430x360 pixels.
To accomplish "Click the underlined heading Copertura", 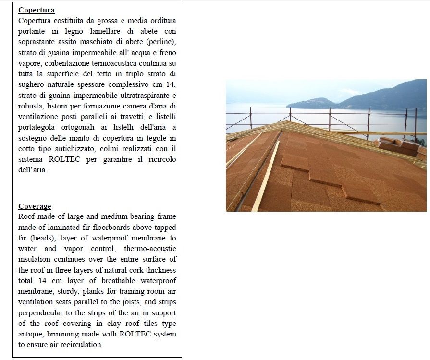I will (x=36, y=10).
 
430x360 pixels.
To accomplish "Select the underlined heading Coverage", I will (x=35, y=206).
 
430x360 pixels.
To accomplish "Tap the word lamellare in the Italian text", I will (x=96, y=31).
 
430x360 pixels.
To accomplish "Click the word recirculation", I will (x=78, y=344).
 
